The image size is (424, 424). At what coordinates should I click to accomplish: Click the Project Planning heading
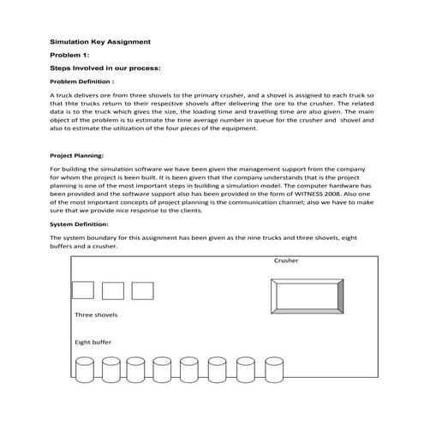(77, 156)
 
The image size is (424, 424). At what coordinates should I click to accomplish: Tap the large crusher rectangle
(304, 301)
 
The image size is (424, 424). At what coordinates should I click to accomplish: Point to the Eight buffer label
(93, 342)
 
